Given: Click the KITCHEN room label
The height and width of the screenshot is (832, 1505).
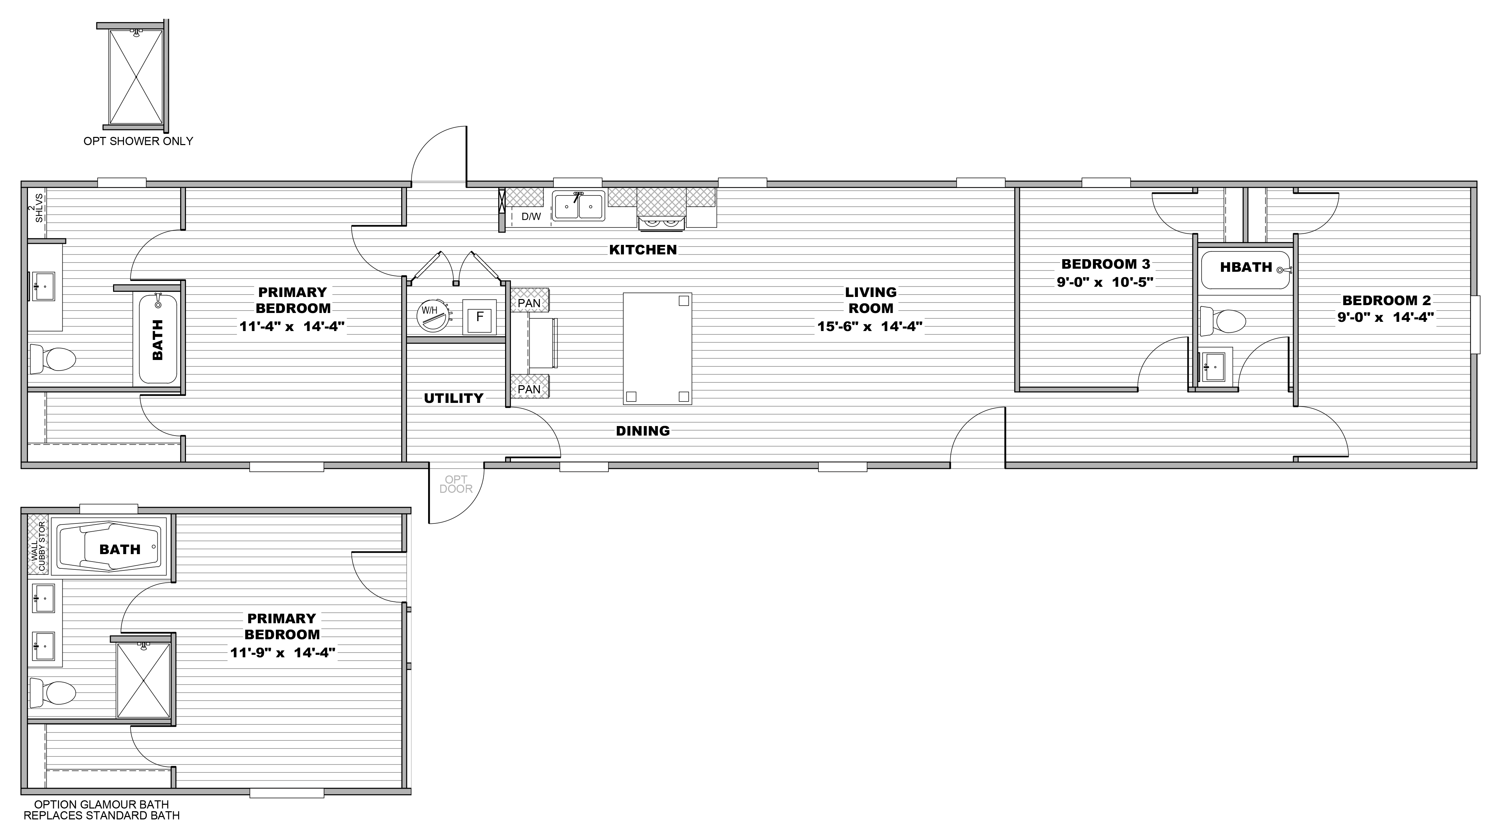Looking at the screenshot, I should click(x=643, y=250).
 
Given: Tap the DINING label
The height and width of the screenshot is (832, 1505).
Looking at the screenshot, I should click(x=643, y=431).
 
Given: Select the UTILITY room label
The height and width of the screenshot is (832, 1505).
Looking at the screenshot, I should click(x=453, y=398).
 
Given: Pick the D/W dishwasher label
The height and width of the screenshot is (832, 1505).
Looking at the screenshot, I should click(x=531, y=217).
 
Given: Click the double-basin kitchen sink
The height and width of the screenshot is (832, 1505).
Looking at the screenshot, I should click(x=578, y=206).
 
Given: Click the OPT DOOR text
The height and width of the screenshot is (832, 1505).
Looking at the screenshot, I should click(x=456, y=484).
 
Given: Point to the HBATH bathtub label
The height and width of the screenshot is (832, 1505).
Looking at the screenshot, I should click(x=1245, y=268).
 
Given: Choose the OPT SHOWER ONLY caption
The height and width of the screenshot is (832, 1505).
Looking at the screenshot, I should click(x=138, y=141).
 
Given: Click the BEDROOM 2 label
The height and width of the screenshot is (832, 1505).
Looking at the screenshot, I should click(x=1386, y=301).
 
